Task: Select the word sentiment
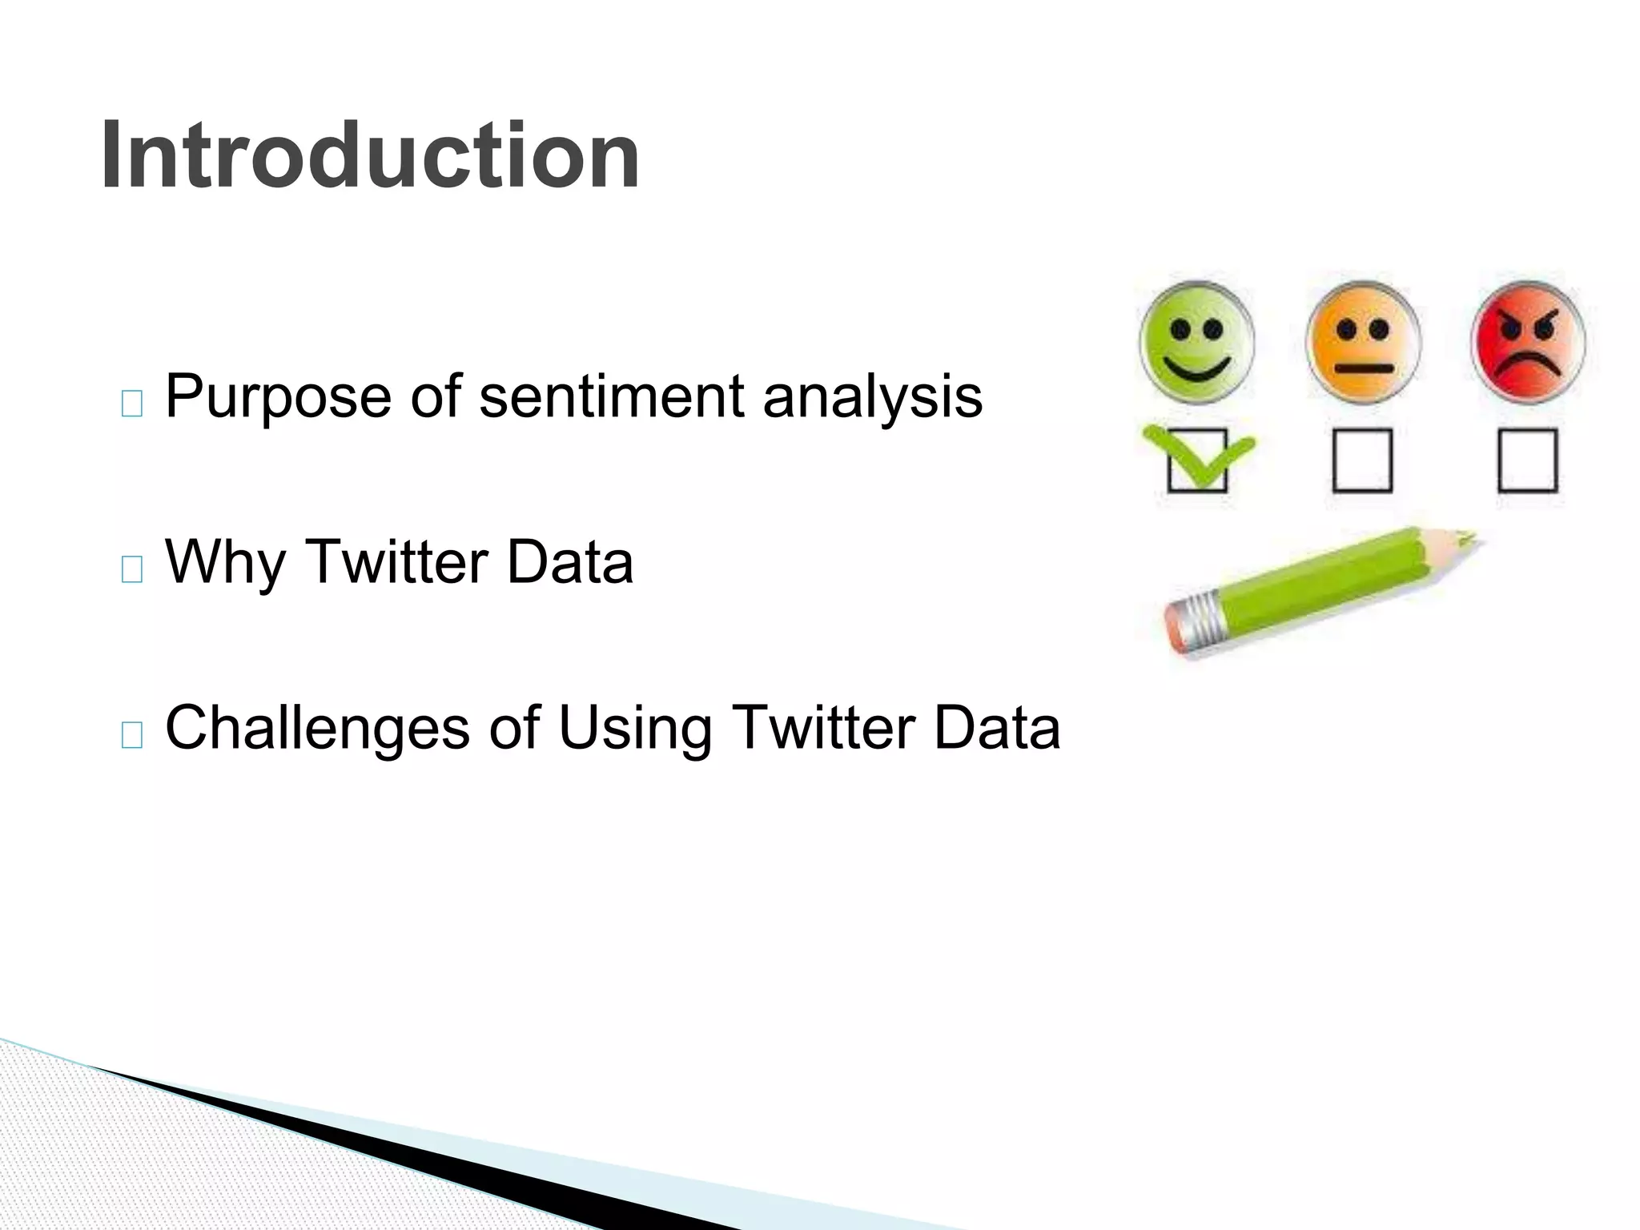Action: point(612,396)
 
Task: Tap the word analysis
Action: point(872,398)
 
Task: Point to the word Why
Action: point(225,563)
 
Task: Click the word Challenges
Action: point(317,729)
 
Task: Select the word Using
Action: point(634,729)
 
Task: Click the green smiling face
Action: point(1196,342)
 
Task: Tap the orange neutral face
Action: point(1363,342)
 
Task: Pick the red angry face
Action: point(1528,342)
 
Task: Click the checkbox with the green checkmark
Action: point(1197,460)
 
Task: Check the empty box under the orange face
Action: point(1363,460)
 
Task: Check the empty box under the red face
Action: point(1528,460)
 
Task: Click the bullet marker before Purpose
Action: point(132,404)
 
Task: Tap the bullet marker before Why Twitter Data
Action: point(132,569)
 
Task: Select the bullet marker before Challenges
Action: point(132,734)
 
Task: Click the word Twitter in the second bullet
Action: point(397,563)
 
